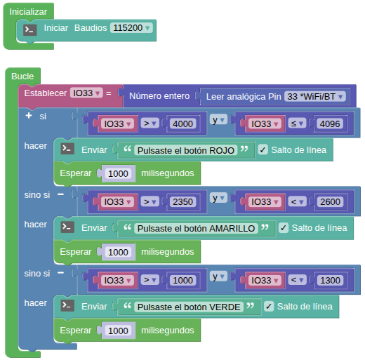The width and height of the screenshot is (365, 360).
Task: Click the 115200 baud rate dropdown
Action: (x=131, y=28)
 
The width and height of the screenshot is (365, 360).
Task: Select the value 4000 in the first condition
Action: (x=182, y=124)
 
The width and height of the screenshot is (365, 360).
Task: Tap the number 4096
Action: (x=330, y=124)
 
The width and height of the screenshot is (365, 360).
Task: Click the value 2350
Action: (x=182, y=202)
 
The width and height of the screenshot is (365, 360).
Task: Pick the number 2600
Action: (x=330, y=202)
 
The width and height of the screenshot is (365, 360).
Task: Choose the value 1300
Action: (x=330, y=280)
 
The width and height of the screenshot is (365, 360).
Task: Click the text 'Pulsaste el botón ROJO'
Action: (x=186, y=150)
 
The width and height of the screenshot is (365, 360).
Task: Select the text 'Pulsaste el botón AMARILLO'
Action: (x=196, y=228)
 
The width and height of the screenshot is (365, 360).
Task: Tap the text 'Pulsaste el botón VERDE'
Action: (x=189, y=307)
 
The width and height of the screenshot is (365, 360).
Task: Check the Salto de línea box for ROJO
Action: (x=263, y=149)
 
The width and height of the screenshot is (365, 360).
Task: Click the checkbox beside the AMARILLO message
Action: (x=284, y=228)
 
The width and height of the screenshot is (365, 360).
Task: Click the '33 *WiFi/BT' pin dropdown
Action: (x=315, y=96)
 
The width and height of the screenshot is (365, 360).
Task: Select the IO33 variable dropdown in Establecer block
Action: (x=86, y=93)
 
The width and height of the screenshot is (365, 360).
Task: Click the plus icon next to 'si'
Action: (x=29, y=116)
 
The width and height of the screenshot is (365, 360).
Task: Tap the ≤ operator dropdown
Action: (x=297, y=124)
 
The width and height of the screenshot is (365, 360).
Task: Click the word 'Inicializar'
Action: (x=28, y=12)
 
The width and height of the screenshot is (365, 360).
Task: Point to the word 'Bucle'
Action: (x=22, y=76)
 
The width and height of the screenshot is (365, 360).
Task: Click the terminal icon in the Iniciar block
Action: (x=30, y=29)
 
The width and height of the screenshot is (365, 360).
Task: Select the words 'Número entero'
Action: (x=159, y=96)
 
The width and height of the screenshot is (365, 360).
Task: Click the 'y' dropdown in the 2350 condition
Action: (x=218, y=198)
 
